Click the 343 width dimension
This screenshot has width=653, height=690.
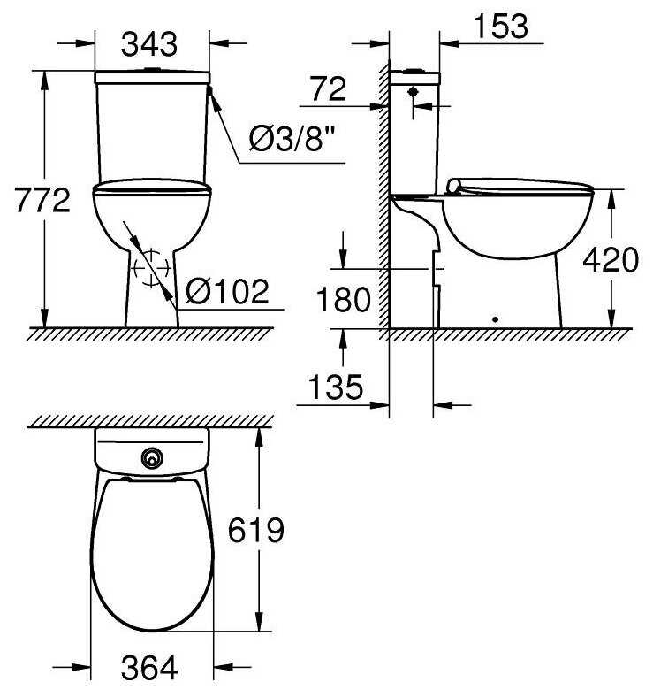pyautogui.click(x=149, y=44)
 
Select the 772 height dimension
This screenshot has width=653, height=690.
pyautogui.click(x=42, y=200)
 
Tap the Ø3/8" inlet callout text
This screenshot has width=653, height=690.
pyautogui.click(x=292, y=138)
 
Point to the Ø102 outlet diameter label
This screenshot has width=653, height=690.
pyautogui.click(x=227, y=291)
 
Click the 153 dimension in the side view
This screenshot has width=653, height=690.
pyautogui.click(x=501, y=26)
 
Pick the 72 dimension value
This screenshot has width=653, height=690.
pyautogui.click(x=329, y=88)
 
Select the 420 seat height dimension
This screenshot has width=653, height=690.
pyautogui.click(x=611, y=259)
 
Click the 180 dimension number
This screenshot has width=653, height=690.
pyautogui.click(x=344, y=299)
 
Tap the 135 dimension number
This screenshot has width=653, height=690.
pyautogui.click(x=336, y=387)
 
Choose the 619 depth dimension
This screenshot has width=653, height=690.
pyautogui.click(x=256, y=530)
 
